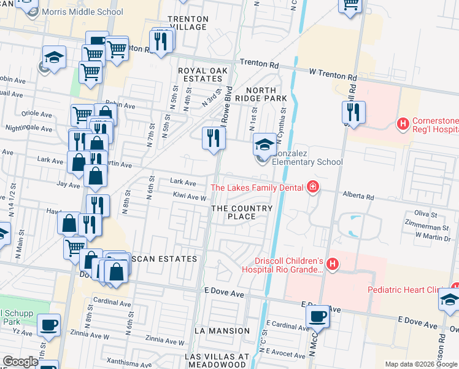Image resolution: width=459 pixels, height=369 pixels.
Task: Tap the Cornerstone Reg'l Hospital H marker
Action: (403, 124)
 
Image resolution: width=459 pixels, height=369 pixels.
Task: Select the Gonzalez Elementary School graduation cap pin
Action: (264, 145)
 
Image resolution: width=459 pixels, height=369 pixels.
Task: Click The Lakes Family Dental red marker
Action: (312, 187)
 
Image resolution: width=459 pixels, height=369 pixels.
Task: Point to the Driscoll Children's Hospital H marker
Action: (332, 264)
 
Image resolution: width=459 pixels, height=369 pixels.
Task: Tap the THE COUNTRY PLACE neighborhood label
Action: (241, 212)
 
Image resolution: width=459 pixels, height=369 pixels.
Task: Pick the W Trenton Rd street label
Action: (333, 75)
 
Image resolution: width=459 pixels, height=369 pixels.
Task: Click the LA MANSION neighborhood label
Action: (222, 331)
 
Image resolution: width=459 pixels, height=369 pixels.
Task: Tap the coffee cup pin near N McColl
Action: (317, 316)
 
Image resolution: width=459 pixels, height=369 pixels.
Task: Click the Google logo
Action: (20, 362)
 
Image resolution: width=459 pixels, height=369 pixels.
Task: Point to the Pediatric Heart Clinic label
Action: (408, 290)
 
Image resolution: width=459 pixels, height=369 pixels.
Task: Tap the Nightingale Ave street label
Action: (29, 129)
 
